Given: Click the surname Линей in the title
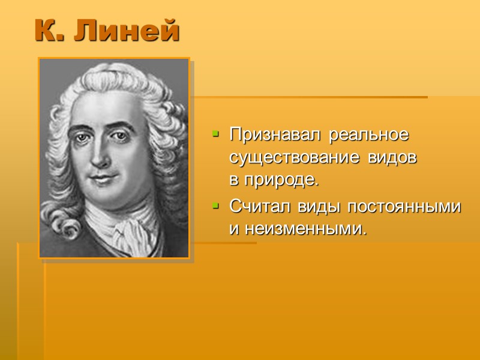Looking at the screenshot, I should point(127,31).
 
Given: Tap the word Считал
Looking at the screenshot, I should point(259,206).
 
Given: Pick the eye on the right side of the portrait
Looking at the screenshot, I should point(119,136).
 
